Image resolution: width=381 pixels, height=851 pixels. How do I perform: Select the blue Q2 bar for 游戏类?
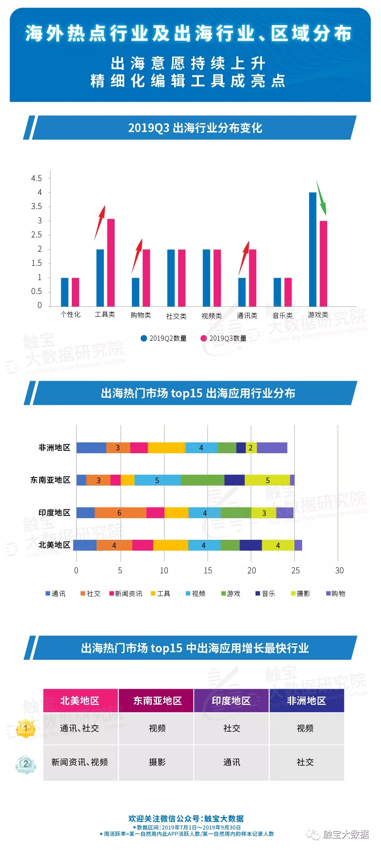click(312, 249)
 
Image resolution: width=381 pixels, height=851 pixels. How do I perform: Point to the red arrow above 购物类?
click(137, 256)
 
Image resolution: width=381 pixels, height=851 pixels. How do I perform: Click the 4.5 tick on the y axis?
click(36, 178)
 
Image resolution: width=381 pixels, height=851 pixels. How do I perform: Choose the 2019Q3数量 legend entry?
click(224, 338)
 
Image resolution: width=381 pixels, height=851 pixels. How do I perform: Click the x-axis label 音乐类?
click(282, 315)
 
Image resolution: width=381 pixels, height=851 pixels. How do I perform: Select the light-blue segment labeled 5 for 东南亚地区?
click(157, 480)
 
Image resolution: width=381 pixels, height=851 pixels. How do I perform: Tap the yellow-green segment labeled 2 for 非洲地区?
click(251, 448)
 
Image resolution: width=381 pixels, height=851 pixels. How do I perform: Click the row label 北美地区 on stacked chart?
click(54, 545)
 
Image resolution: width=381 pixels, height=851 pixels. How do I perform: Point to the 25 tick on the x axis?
click(295, 571)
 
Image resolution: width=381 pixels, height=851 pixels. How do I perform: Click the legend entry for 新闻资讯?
click(126, 594)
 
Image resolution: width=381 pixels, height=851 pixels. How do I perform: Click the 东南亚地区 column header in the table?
click(157, 701)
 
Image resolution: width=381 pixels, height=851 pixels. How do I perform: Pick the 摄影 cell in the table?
click(157, 762)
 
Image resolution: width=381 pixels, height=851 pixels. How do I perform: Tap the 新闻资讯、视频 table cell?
click(80, 762)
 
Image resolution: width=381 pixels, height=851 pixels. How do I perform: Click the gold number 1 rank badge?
click(26, 728)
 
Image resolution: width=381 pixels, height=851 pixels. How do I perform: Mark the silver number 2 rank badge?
click(26, 763)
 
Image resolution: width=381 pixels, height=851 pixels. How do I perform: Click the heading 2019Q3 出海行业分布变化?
click(195, 128)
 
